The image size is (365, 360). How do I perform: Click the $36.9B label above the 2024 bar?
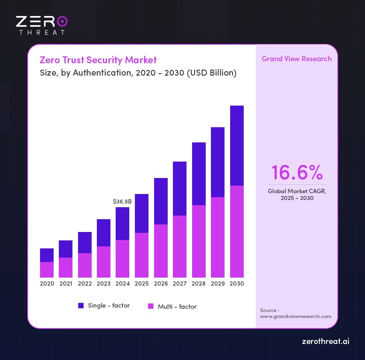point(122,202)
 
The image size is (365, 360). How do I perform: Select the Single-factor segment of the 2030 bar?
point(237,146)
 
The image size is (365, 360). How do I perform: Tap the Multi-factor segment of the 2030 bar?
point(237,231)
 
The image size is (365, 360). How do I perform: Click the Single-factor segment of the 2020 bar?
point(47,255)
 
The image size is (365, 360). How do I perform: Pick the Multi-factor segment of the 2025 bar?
point(142,255)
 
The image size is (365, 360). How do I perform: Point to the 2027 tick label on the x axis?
point(180,284)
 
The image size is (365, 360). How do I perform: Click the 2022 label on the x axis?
point(85,284)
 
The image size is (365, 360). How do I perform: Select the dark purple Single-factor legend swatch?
point(81,306)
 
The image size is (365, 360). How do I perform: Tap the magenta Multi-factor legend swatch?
point(151,306)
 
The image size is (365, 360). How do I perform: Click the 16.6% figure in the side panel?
point(297,172)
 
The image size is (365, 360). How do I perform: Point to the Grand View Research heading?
point(297,59)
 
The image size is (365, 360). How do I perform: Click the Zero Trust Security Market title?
point(98,60)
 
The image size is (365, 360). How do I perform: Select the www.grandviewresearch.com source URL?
point(296,316)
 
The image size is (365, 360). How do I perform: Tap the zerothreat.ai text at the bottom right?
point(325,342)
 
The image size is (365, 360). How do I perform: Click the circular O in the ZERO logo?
point(62,21)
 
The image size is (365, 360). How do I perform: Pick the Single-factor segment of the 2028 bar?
point(199,174)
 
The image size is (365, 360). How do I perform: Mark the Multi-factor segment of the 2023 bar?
point(104,262)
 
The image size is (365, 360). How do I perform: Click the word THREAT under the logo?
point(42,32)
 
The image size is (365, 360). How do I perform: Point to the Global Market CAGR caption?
point(297,194)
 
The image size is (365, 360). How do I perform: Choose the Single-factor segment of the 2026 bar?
point(161,201)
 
